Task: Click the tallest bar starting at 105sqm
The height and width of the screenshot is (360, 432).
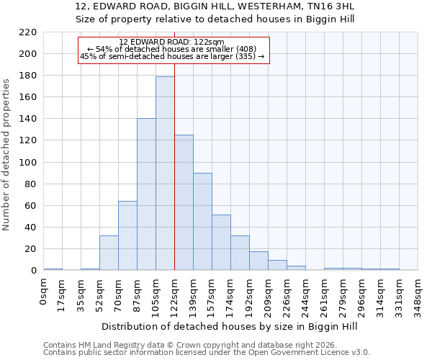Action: pos(165,173)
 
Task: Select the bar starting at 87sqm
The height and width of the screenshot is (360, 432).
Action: pos(146,194)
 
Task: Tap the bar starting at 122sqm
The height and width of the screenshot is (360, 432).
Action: pos(184,202)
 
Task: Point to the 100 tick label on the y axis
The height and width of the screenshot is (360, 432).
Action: pos(28,162)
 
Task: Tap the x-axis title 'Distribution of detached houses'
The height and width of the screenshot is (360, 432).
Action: pos(230,326)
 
